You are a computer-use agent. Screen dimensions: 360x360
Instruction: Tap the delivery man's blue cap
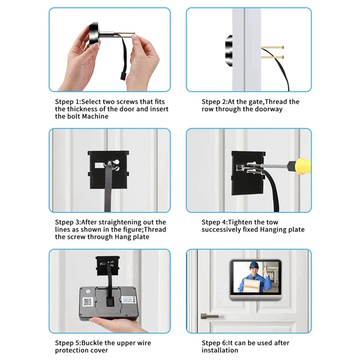[x=254, y=265]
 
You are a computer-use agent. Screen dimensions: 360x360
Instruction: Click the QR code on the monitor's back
[x=87, y=301]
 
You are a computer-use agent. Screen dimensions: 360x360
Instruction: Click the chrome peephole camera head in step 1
[x=94, y=33]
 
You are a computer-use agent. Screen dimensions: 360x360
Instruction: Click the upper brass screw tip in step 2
[x=283, y=48]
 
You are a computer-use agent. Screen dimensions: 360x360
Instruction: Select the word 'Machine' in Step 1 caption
[x=95, y=116]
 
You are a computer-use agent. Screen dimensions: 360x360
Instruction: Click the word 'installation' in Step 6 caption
[x=220, y=351]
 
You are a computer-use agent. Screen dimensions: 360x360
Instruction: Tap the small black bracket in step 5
[x=108, y=266]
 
